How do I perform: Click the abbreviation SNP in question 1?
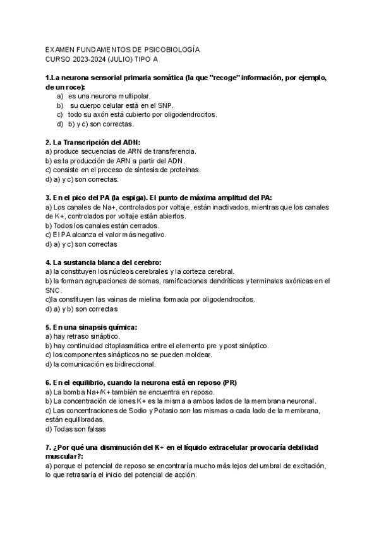tap(164, 105)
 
